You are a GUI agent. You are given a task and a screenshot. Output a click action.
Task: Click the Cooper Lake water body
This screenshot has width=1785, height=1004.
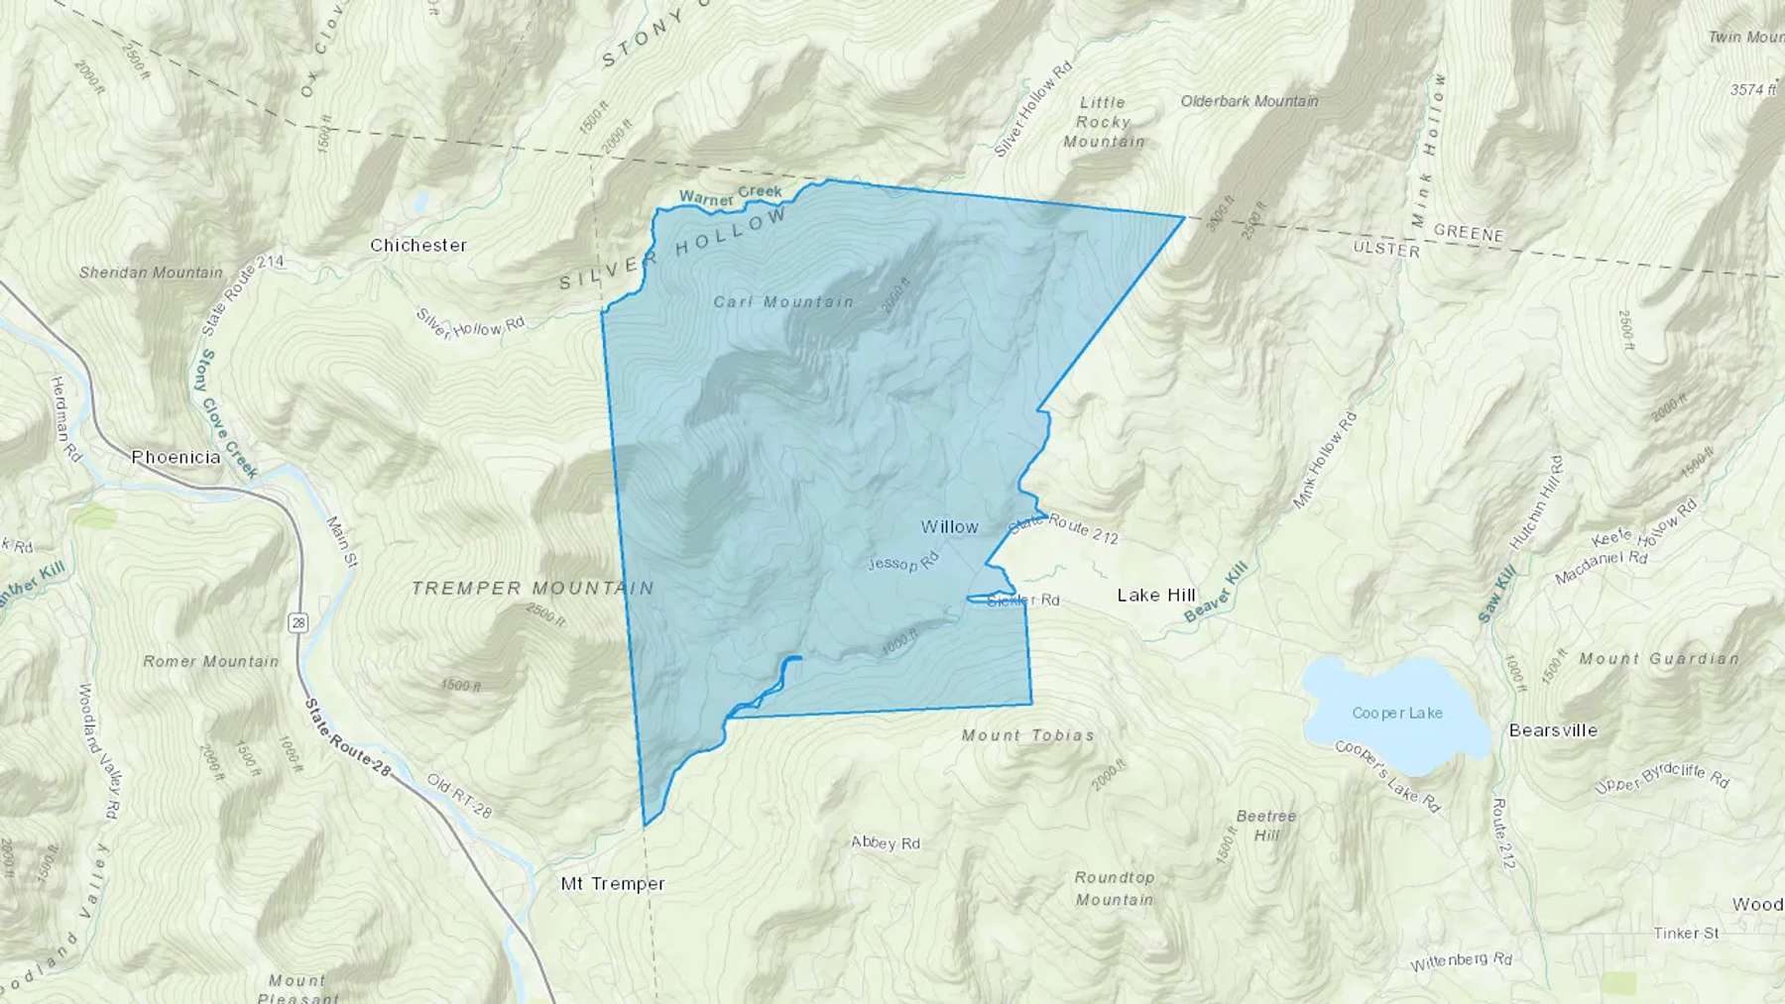pyautogui.click(x=1396, y=714)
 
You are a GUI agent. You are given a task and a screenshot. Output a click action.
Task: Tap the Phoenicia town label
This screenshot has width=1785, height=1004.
pyautogui.click(x=177, y=458)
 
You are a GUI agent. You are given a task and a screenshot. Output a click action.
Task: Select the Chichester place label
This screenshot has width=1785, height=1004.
pyautogui.click(x=417, y=245)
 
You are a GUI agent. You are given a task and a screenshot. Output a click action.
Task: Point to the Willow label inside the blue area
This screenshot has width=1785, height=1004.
pyautogui.click(x=949, y=527)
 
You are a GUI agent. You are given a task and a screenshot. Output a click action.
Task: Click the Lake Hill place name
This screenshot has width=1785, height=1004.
pyautogui.click(x=1156, y=595)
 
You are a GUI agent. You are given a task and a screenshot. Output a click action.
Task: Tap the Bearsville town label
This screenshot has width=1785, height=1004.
pyautogui.click(x=1553, y=730)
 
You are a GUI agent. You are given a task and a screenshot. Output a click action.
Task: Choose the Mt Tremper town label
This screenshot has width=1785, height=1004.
pyautogui.click(x=613, y=883)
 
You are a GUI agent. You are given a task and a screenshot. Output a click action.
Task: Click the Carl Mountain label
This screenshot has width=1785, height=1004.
pyautogui.click(x=783, y=301)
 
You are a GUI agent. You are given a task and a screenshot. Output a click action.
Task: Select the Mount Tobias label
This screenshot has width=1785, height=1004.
pyautogui.click(x=1028, y=735)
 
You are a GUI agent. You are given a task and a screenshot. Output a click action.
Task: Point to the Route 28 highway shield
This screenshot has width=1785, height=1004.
pyautogui.click(x=298, y=622)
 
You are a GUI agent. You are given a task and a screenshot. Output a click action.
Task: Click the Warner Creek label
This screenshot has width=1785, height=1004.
pyautogui.click(x=730, y=195)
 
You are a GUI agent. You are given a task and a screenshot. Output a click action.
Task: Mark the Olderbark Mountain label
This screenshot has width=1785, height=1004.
pyautogui.click(x=1249, y=101)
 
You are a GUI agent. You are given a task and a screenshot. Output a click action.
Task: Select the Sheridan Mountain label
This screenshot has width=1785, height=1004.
pyautogui.click(x=151, y=273)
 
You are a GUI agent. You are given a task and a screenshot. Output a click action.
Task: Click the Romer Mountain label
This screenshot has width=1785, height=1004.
pyautogui.click(x=211, y=661)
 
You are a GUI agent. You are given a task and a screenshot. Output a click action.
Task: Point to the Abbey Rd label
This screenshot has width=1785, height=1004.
pyautogui.click(x=886, y=843)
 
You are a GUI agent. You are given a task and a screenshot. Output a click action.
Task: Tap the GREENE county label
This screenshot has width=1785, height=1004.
pyautogui.click(x=1469, y=234)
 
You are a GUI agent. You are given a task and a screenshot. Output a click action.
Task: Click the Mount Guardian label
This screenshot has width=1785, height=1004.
pyautogui.click(x=1659, y=658)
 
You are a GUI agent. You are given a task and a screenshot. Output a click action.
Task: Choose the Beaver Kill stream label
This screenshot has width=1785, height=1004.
pyautogui.click(x=1215, y=592)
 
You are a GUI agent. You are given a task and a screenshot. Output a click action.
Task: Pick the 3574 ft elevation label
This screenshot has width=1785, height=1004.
pyautogui.click(x=1753, y=89)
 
